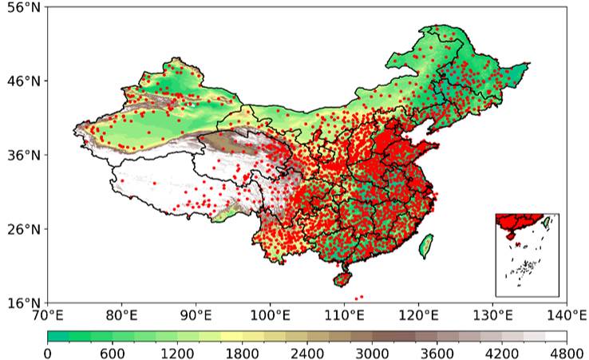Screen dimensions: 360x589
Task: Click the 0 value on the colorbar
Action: pyautogui.click(x=48, y=352)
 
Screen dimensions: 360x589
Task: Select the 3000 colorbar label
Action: pyautogui.click(x=372, y=352)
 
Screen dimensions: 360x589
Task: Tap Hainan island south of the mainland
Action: pyautogui.click(x=343, y=279)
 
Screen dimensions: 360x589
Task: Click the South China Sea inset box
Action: pyautogui.click(x=527, y=255)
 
